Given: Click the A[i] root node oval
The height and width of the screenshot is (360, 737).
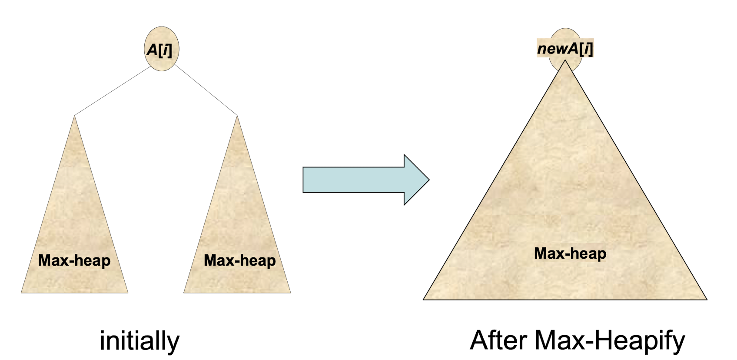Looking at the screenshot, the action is [x=161, y=49].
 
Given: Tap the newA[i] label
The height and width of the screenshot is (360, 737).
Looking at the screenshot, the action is [x=565, y=49].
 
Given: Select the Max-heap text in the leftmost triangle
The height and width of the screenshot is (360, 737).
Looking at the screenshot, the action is [x=74, y=260].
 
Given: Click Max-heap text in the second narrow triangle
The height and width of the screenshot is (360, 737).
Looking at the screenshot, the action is [x=240, y=260].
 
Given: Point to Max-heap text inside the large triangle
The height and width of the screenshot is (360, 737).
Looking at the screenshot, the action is [x=570, y=253].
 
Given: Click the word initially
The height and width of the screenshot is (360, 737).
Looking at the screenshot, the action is [x=139, y=341].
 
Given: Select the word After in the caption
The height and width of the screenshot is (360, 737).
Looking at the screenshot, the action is [x=499, y=340].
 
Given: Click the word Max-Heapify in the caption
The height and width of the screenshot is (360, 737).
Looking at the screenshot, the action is [x=610, y=341].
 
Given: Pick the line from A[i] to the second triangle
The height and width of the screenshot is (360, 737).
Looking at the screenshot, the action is [x=206, y=90].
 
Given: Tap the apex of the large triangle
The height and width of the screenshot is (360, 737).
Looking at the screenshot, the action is [x=565, y=61].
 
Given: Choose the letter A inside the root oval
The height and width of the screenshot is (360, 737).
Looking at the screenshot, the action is [x=152, y=50].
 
